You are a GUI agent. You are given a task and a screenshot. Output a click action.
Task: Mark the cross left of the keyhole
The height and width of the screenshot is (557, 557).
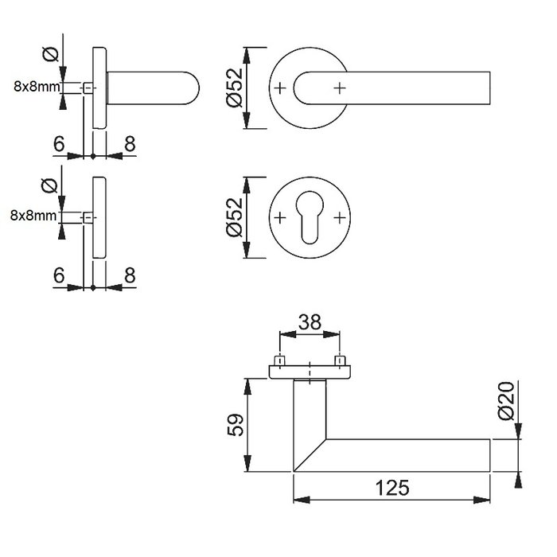pyautogui.click(x=278, y=216)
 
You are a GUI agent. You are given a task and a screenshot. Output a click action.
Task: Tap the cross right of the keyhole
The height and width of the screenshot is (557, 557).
pyautogui.click(x=340, y=216)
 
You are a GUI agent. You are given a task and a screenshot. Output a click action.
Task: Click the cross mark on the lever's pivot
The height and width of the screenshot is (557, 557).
pyautogui.click(x=340, y=87)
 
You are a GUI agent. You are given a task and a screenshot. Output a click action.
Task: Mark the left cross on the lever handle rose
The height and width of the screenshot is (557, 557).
pyautogui.click(x=278, y=87)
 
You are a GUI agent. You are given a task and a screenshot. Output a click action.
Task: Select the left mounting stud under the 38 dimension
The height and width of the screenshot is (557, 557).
pyautogui.click(x=278, y=361)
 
